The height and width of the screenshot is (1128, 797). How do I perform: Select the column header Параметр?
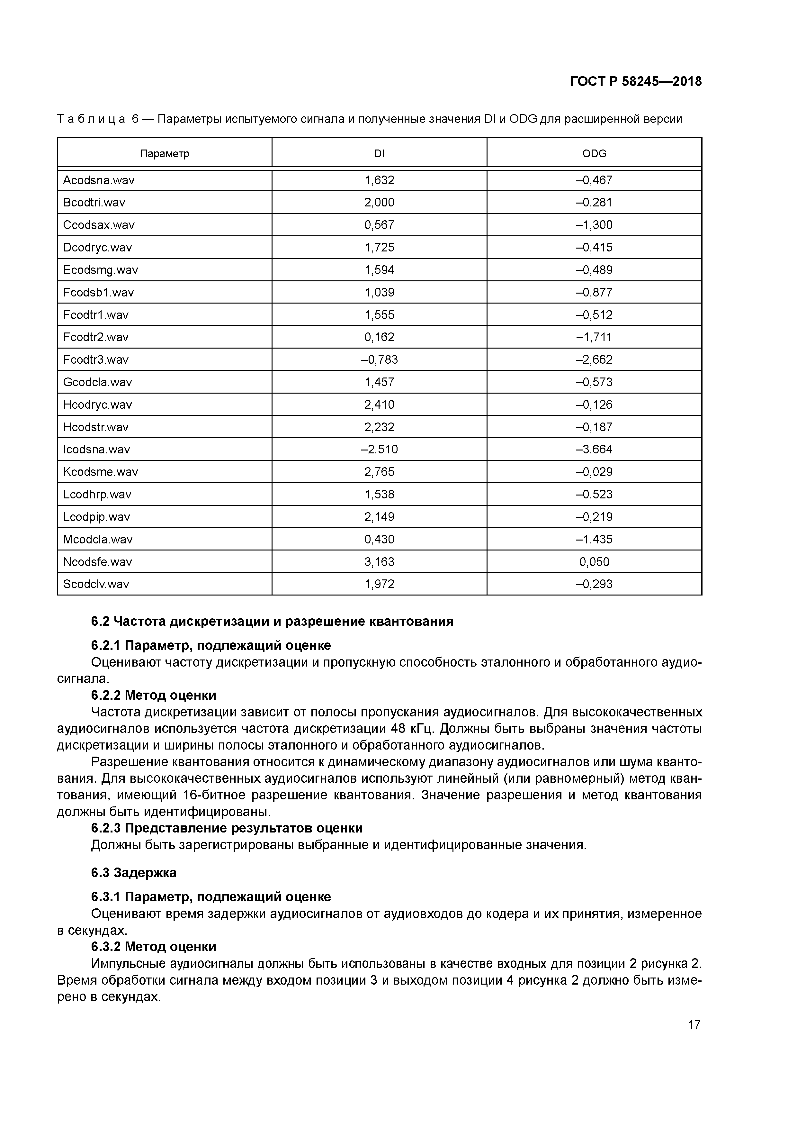(165, 154)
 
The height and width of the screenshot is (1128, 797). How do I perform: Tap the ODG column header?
(594, 154)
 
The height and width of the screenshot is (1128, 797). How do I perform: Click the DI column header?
(379, 154)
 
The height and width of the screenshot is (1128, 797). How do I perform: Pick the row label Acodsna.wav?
(99, 180)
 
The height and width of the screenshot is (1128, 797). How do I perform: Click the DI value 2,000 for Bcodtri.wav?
(379, 202)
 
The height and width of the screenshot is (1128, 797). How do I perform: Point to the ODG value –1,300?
(594, 225)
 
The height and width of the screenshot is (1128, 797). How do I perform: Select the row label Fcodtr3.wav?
(96, 359)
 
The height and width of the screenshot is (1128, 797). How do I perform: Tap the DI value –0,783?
(379, 359)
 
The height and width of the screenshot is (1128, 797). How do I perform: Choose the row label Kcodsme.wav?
(101, 472)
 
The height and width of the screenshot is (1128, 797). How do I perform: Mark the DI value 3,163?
(379, 561)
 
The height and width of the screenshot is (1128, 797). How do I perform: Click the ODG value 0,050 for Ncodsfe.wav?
(594, 561)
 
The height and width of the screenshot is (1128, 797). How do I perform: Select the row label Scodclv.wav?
(96, 584)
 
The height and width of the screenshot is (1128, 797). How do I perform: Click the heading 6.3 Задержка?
(134, 873)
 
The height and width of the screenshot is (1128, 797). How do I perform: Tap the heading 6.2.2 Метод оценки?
(154, 695)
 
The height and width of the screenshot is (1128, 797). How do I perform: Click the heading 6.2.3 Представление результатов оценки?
(227, 828)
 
